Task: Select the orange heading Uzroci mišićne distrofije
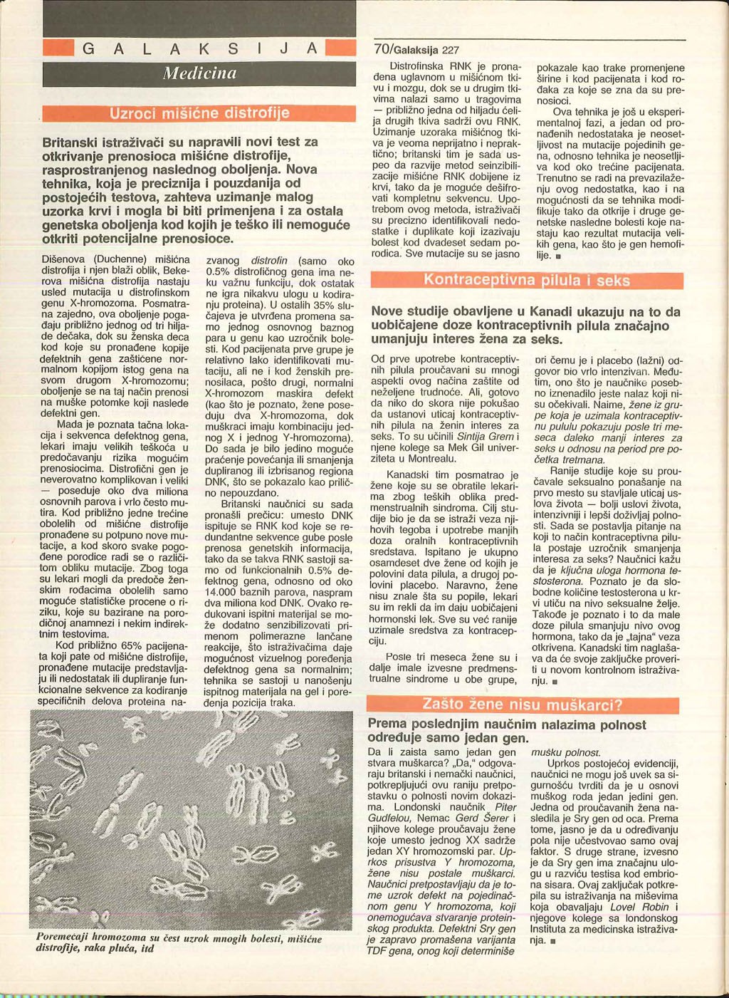point(199,113)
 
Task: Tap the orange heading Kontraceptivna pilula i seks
point(527,280)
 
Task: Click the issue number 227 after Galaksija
point(451,50)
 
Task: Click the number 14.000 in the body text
point(222,593)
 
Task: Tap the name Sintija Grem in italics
point(478,437)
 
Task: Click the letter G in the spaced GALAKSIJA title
point(88,49)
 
